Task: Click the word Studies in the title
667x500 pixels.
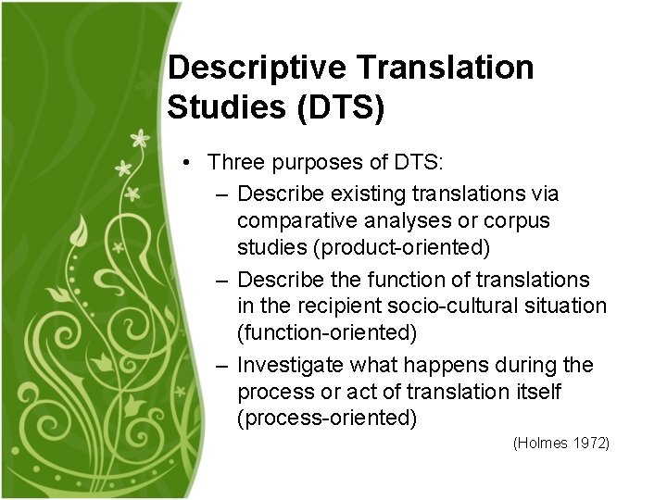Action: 222,106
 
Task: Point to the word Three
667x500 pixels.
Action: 233,163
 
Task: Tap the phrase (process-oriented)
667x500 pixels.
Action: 327,419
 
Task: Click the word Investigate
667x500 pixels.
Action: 287,366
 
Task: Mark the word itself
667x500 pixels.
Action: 535,392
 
